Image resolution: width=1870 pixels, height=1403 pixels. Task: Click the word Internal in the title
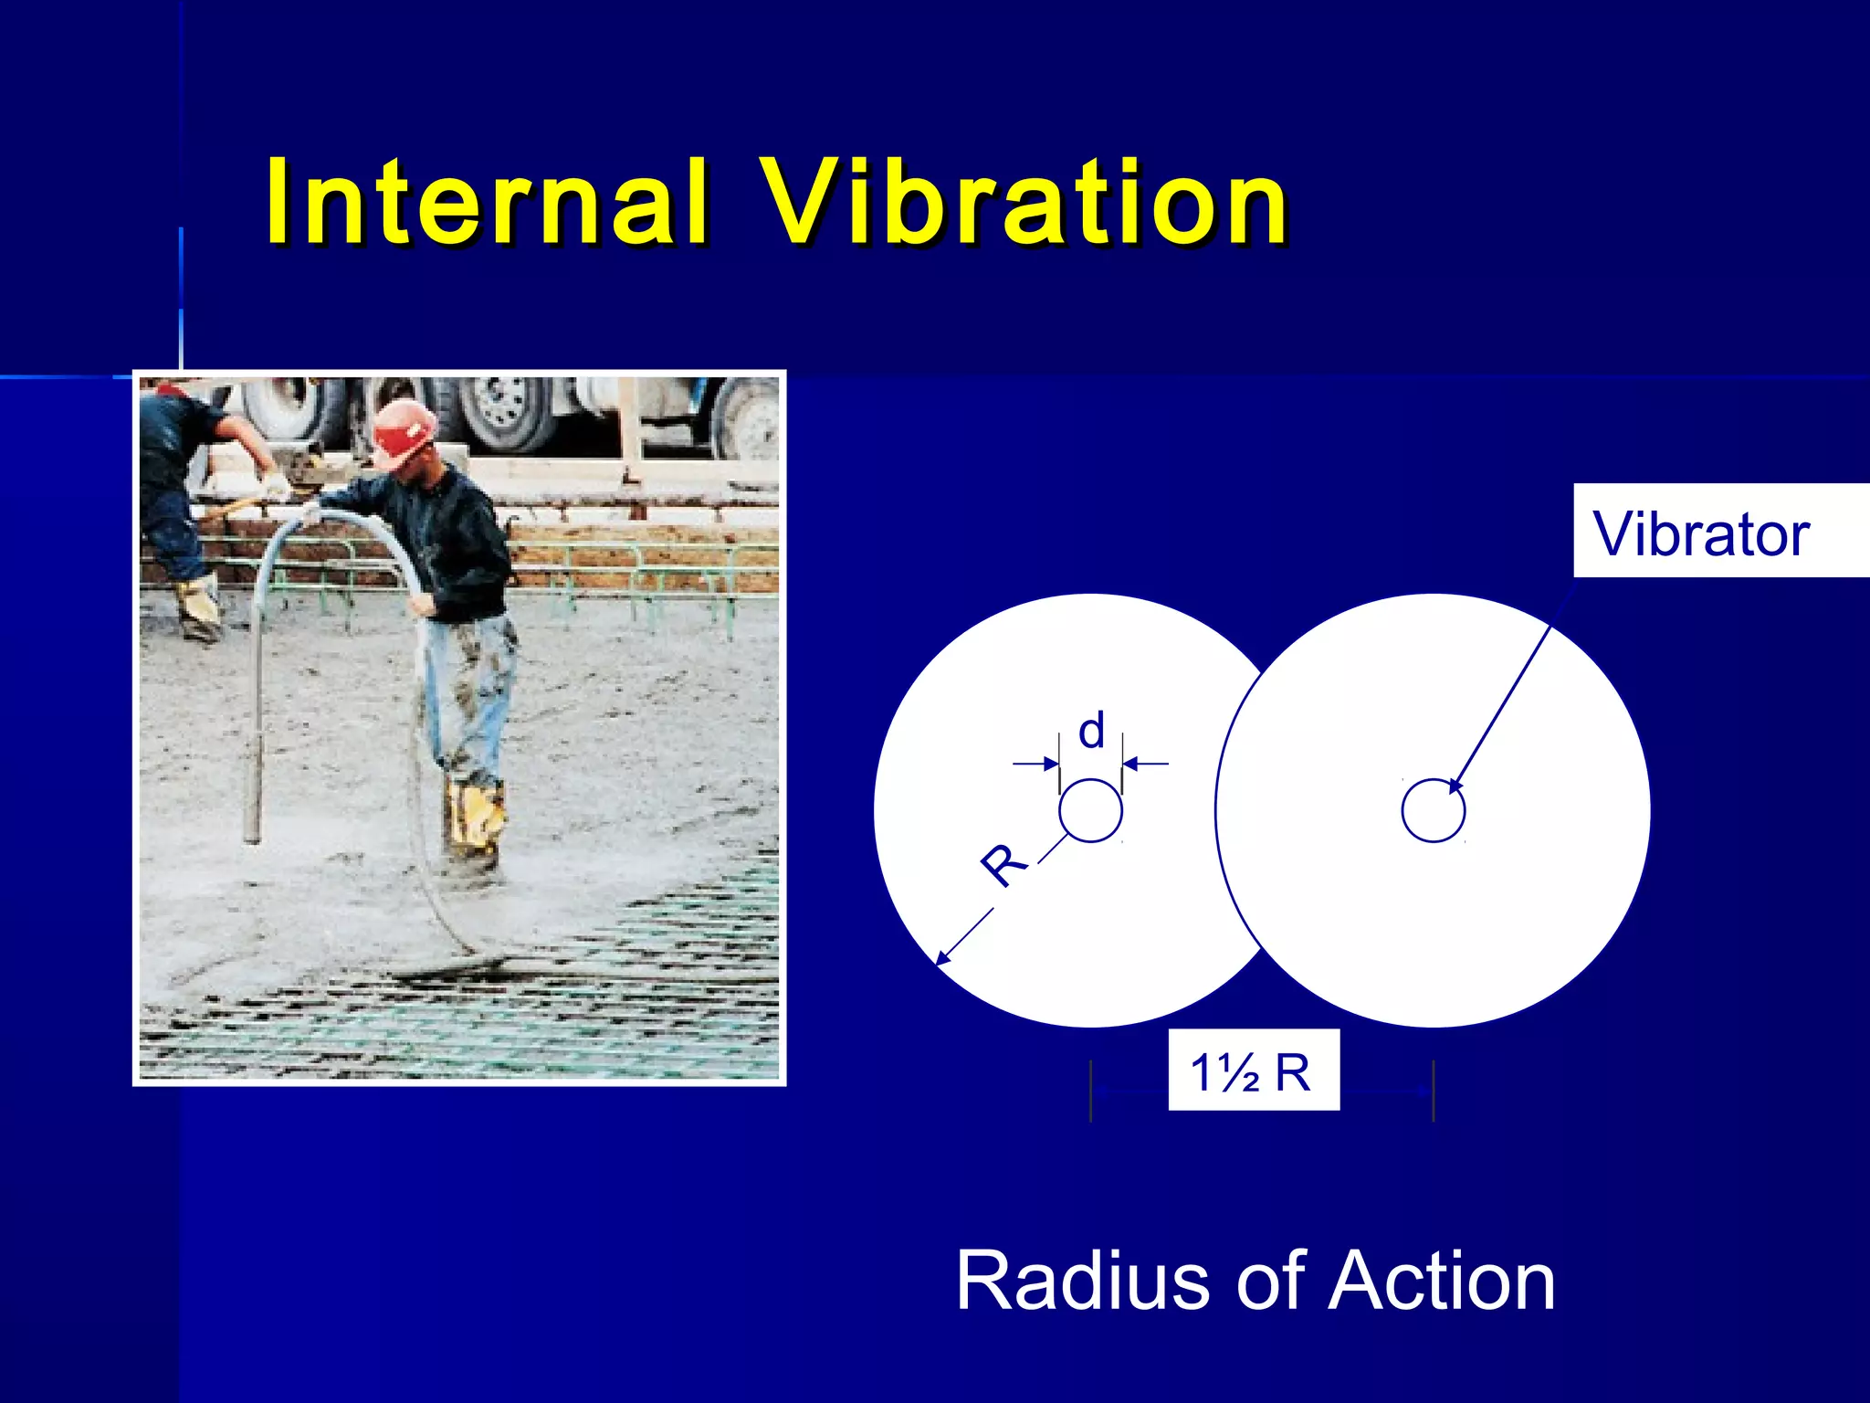click(x=487, y=203)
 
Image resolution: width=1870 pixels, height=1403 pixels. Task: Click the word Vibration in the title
click(x=1024, y=203)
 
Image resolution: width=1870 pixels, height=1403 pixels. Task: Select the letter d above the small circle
click(x=1091, y=732)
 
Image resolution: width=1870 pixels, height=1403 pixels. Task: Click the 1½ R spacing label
click(x=1253, y=1071)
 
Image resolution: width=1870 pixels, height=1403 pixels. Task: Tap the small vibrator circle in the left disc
click(x=1090, y=810)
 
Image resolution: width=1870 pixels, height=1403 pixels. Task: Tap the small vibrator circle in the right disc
click(x=1433, y=810)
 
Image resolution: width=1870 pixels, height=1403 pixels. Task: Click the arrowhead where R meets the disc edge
click(x=941, y=959)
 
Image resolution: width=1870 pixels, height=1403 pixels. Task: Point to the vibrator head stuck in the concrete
click(x=253, y=795)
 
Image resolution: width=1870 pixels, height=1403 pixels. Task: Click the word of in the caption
click(x=1270, y=1281)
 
